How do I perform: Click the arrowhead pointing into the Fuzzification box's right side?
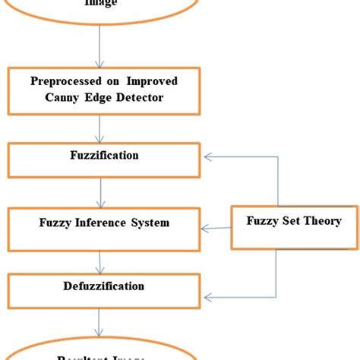[205, 158]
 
